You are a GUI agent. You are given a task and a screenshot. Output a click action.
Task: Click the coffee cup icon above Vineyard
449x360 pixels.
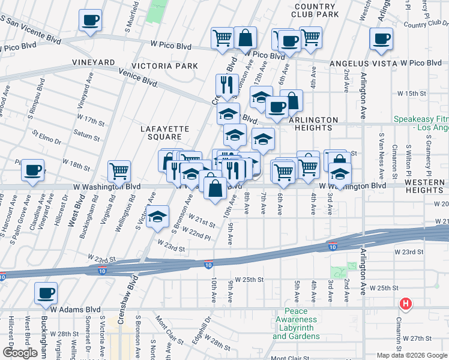[x=90, y=20]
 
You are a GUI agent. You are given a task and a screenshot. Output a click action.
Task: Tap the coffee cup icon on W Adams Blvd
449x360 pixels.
[x=46, y=293]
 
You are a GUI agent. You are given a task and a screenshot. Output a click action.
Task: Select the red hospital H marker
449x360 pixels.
[x=406, y=304]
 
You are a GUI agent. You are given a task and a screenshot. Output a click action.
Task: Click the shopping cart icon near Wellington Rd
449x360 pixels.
[x=119, y=171]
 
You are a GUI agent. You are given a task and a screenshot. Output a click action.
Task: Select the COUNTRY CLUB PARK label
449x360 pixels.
[x=316, y=10]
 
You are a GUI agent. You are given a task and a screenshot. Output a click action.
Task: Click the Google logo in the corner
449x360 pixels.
[x=20, y=352]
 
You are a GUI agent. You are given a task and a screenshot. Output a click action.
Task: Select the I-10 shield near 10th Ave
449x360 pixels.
[x=208, y=264]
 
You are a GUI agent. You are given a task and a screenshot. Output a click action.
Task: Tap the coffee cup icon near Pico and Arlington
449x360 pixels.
[x=381, y=40]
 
